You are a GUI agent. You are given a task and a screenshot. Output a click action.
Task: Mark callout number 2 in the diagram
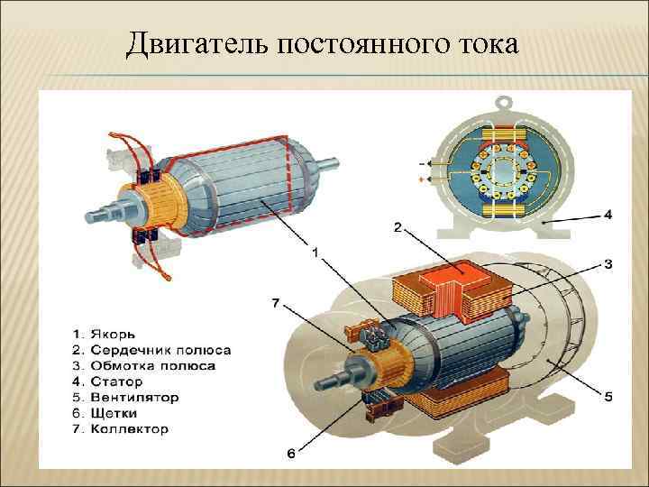click(x=398, y=228)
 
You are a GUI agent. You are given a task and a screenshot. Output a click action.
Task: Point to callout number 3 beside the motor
click(x=608, y=264)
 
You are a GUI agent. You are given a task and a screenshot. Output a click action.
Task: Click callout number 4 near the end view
click(x=608, y=215)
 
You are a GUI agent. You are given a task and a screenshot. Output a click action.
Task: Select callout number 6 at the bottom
click(x=290, y=454)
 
